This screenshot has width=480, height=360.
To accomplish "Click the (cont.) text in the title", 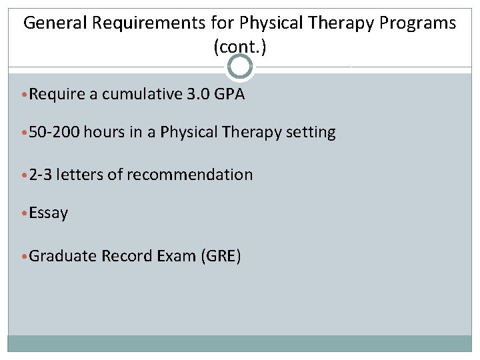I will click(240, 47).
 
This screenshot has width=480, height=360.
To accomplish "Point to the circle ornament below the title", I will click(240, 67).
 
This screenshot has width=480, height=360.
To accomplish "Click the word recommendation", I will click(189, 175).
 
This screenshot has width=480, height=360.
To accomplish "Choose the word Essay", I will click(49, 213).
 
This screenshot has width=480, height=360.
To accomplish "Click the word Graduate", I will click(63, 256).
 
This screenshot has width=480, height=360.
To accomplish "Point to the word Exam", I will click(176, 256).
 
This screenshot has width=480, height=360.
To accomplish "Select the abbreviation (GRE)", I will click(220, 256).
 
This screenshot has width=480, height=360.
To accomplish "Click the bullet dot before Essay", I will click(25, 214).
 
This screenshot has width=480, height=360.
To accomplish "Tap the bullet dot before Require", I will click(25, 95).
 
